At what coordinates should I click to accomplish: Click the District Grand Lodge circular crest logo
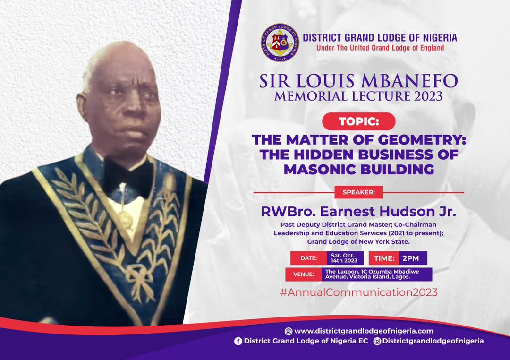[x=280, y=43]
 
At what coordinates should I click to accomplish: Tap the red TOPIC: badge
[x=359, y=121]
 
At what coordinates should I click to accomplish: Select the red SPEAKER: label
[x=359, y=192]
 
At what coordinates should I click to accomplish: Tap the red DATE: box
[x=308, y=258]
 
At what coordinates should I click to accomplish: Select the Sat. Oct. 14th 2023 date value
[x=345, y=258]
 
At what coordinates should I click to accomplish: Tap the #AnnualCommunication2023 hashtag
[x=359, y=292]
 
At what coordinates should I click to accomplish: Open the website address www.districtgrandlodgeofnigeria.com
[x=364, y=331]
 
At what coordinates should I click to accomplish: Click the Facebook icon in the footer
[x=238, y=341]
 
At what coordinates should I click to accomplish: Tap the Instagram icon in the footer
[x=377, y=341]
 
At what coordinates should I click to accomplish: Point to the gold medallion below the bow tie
[x=125, y=219]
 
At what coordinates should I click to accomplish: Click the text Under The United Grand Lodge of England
[x=380, y=48]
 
